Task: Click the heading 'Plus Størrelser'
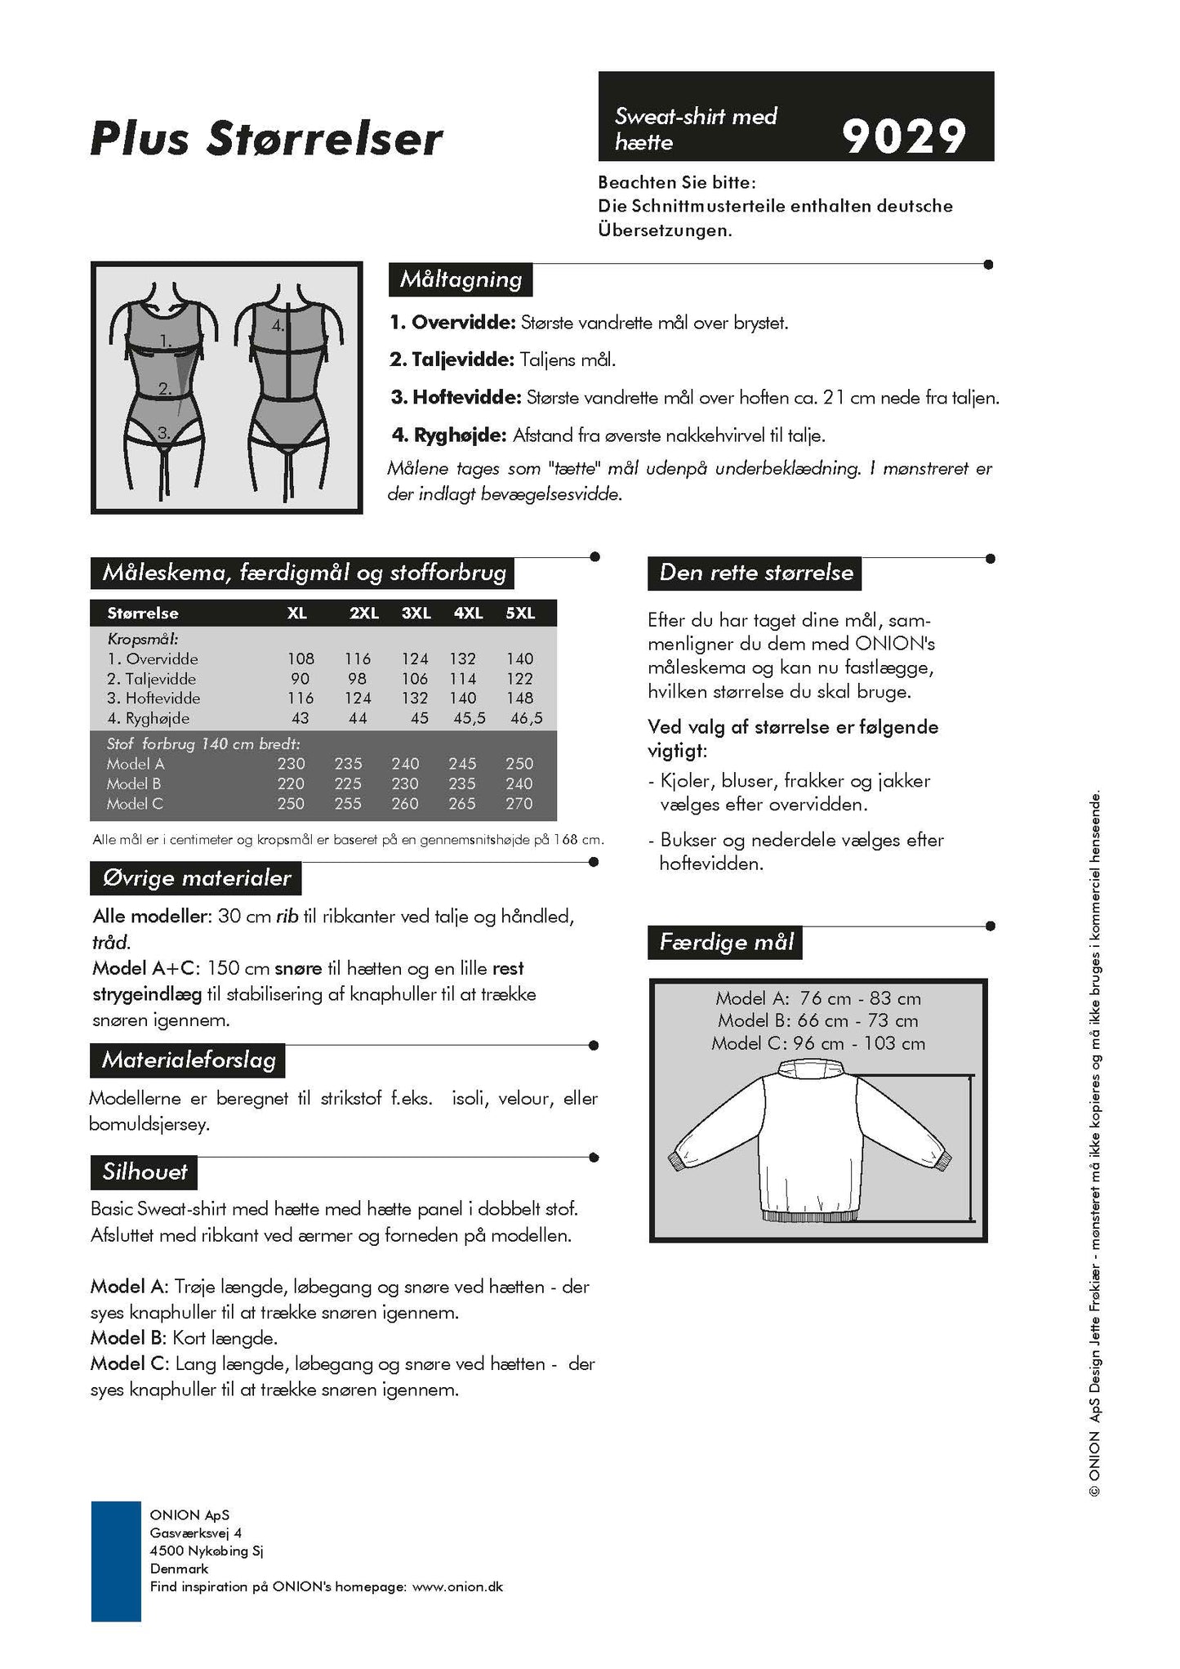pyautogui.click(x=266, y=138)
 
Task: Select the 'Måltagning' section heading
pyautogui.click(x=461, y=279)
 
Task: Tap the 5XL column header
pyautogui.click(x=519, y=613)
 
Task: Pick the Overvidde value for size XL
pyautogui.click(x=301, y=658)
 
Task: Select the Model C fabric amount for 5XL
pyautogui.click(x=519, y=804)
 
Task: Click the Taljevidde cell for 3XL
pyautogui.click(x=415, y=679)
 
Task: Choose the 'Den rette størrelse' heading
pyautogui.click(x=755, y=573)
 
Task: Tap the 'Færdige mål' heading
pyautogui.click(x=726, y=942)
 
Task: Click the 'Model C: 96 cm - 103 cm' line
pyautogui.click(x=818, y=1043)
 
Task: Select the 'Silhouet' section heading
pyautogui.click(x=145, y=1171)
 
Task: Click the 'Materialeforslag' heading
pyautogui.click(x=189, y=1060)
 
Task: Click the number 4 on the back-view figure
pyautogui.click(x=278, y=324)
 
